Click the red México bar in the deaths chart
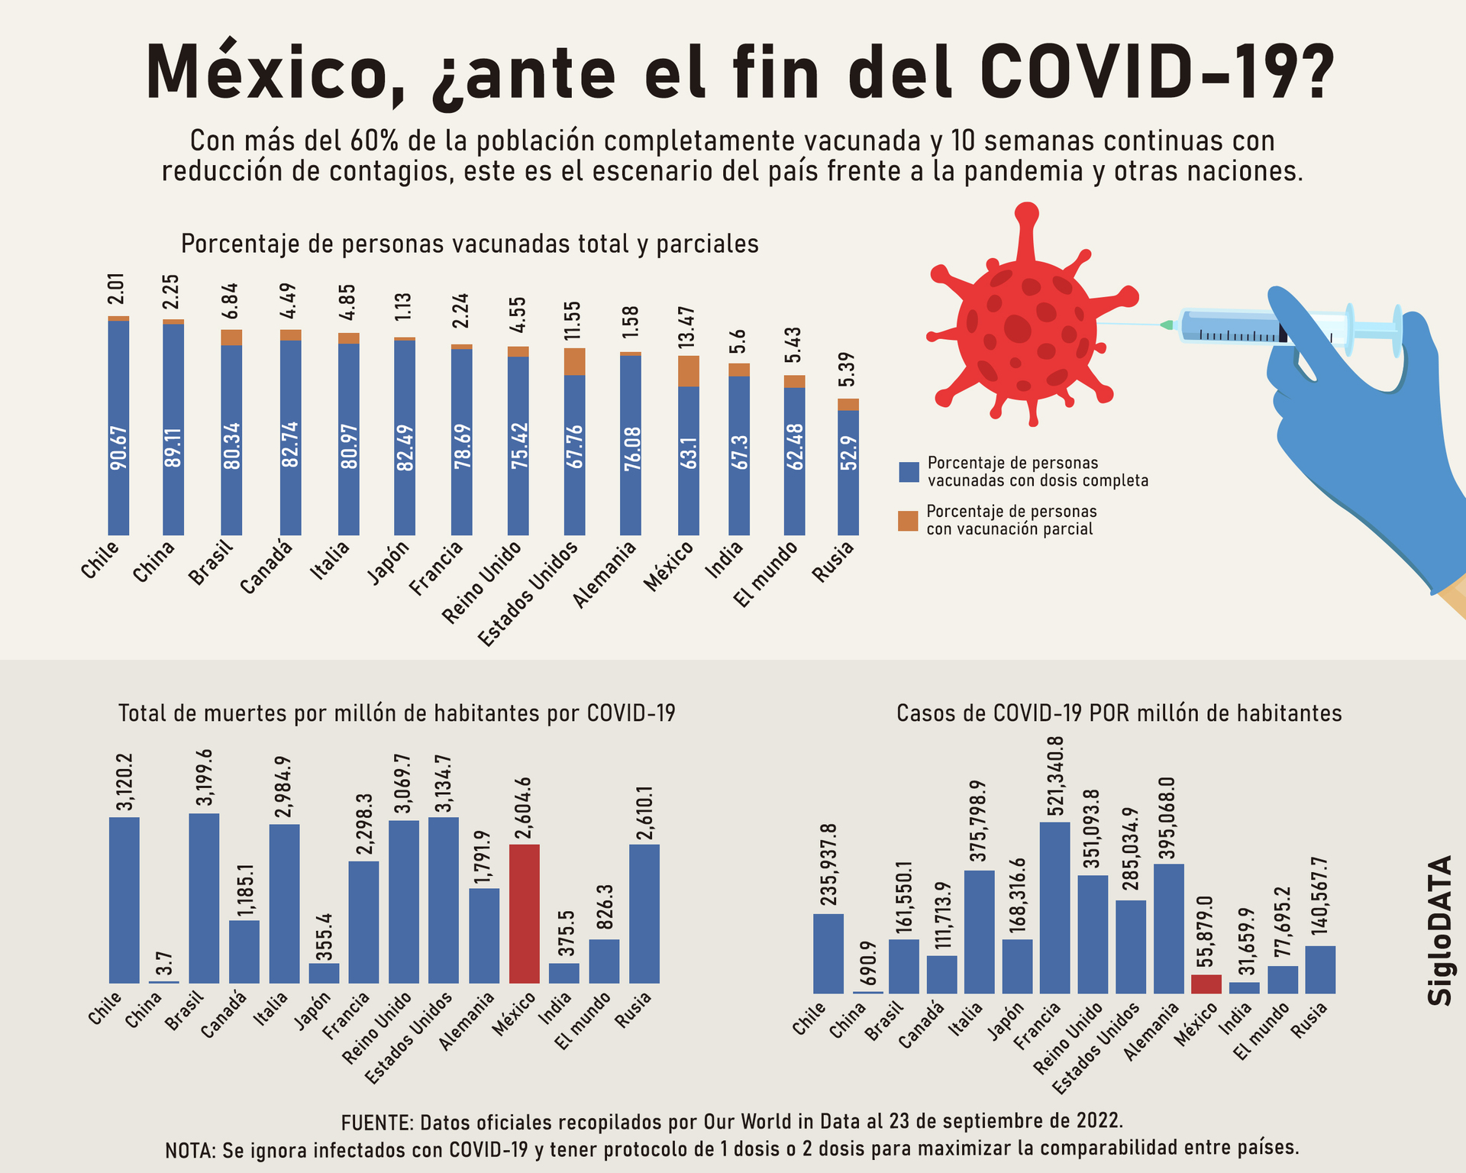pyautogui.click(x=524, y=913)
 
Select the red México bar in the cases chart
pyautogui.click(x=1206, y=984)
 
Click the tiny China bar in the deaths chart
pyautogui.click(x=163, y=981)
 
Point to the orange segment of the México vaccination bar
pyautogui.click(x=688, y=371)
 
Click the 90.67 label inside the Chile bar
pyautogui.click(x=119, y=448)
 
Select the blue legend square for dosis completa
pyautogui.click(x=908, y=472)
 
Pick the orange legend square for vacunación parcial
pyautogui.click(x=908, y=521)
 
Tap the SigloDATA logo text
pyautogui.click(x=1440, y=930)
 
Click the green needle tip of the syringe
pyautogui.click(x=1166, y=325)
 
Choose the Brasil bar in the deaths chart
pyautogui.click(x=204, y=898)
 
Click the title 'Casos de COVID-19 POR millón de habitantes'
pyautogui.click(x=1119, y=713)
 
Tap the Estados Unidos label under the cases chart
pyautogui.click(x=1096, y=1048)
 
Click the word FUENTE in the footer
pyautogui.click(x=376, y=1122)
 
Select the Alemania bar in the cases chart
pyautogui.click(x=1168, y=928)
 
